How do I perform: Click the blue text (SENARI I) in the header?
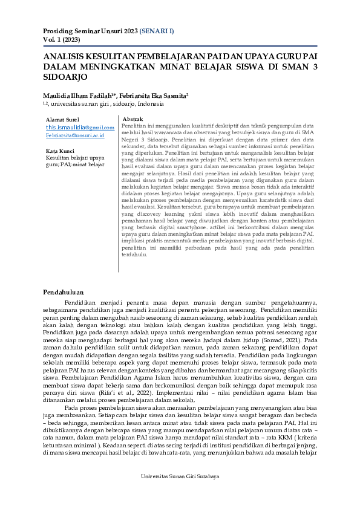point(157,30)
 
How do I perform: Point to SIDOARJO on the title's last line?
point(66,77)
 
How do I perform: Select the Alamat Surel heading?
point(62,120)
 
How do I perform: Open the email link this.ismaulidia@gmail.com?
point(80,128)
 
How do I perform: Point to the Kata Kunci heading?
point(60,151)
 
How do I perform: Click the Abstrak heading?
point(133,119)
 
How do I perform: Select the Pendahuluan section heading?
point(63,293)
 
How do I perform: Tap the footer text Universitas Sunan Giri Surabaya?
point(180,493)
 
